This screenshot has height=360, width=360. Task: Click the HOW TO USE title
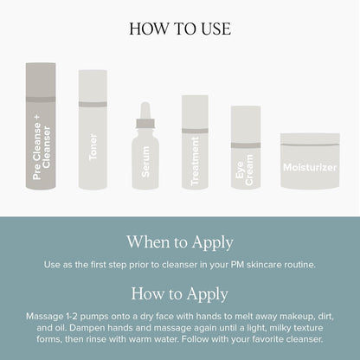[x=180, y=29]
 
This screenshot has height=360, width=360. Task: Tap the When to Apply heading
[x=180, y=242]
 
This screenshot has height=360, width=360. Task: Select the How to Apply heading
[x=180, y=294]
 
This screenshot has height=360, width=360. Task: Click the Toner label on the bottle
[x=93, y=147]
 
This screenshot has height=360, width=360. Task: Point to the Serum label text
[x=145, y=162]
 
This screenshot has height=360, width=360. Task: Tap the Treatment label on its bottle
[x=195, y=161]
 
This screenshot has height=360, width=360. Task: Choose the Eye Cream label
[x=244, y=170]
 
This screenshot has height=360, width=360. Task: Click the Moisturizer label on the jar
[x=310, y=168]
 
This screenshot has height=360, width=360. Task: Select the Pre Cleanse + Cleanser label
[x=42, y=147]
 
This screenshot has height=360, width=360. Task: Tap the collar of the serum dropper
[x=145, y=124]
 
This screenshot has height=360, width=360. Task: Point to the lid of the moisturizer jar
[x=310, y=139]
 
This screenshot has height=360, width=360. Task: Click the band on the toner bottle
[x=93, y=105]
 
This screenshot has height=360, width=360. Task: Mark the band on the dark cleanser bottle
[x=41, y=100]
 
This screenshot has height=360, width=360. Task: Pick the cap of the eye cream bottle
[x=246, y=125]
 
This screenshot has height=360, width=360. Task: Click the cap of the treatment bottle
[x=195, y=112]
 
